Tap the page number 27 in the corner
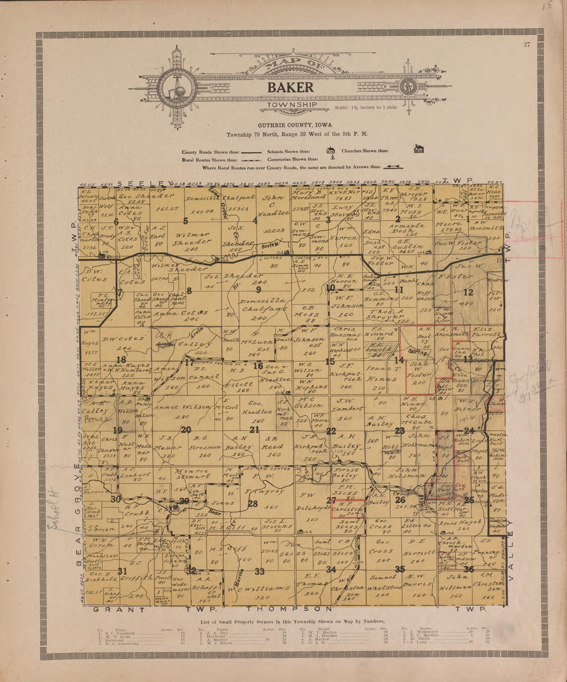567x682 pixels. point(527,45)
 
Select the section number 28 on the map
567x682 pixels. point(253,504)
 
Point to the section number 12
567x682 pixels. point(468,292)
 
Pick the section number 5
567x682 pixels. point(186,221)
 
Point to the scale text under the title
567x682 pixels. point(366,107)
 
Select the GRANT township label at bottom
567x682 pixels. point(119,610)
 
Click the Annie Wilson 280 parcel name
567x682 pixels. point(184,407)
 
